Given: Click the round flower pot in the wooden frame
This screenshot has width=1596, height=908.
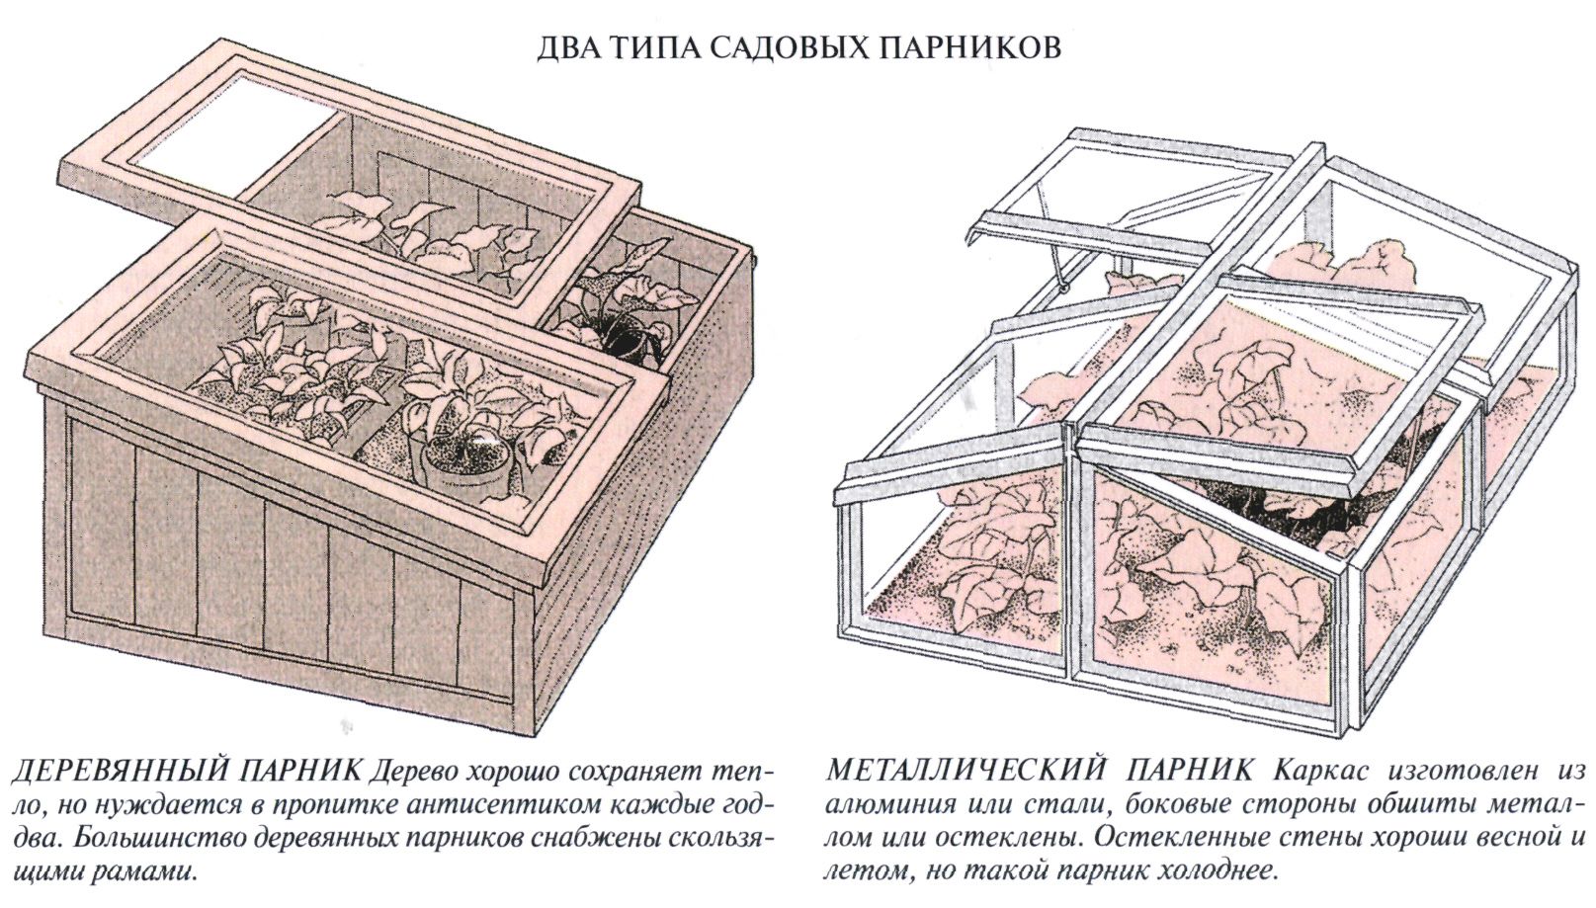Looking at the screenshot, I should (x=464, y=460).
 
